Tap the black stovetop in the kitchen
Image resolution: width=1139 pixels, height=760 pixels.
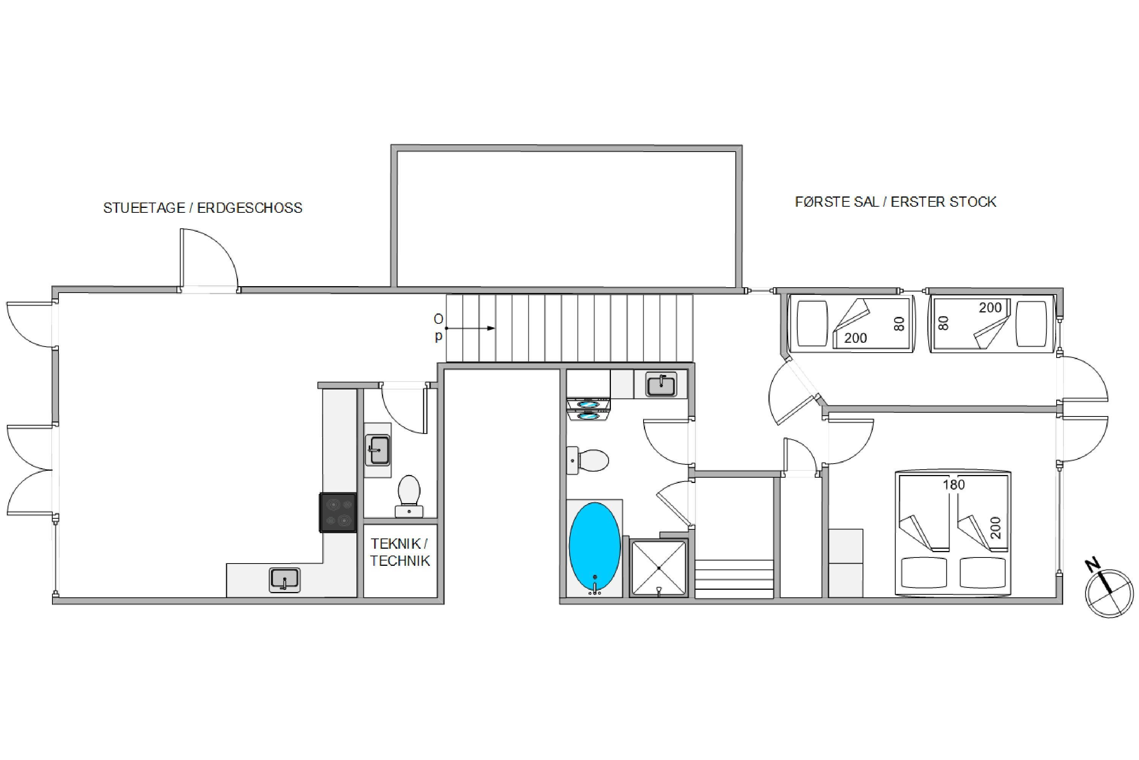(x=338, y=512)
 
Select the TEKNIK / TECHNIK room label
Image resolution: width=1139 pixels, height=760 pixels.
(x=400, y=552)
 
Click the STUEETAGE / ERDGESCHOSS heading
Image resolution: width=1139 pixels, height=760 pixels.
(x=202, y=208)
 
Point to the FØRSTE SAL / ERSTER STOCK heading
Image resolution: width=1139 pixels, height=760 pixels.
(x=895, y=202)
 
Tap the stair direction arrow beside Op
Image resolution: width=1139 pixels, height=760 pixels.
(x=470, y=328)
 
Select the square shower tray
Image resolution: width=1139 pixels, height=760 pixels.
(x=659, y=568)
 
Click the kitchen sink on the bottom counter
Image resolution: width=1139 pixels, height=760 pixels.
(x=284, y=580)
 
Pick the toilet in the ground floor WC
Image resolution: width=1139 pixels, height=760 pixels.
(x=409, y=496)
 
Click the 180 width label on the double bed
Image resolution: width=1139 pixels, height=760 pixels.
(x=953, y=485)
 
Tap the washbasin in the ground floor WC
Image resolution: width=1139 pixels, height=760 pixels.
(x=378, y=450)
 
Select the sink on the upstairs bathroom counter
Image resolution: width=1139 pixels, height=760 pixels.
(x=661, y=385)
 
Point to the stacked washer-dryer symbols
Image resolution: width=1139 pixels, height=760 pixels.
(x=588, y=410)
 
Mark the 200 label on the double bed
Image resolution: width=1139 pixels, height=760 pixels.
(x=995, y=528)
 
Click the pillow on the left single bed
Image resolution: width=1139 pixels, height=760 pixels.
(x=812, y=323)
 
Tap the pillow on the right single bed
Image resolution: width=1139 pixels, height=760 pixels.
(x=1031, y=324)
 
